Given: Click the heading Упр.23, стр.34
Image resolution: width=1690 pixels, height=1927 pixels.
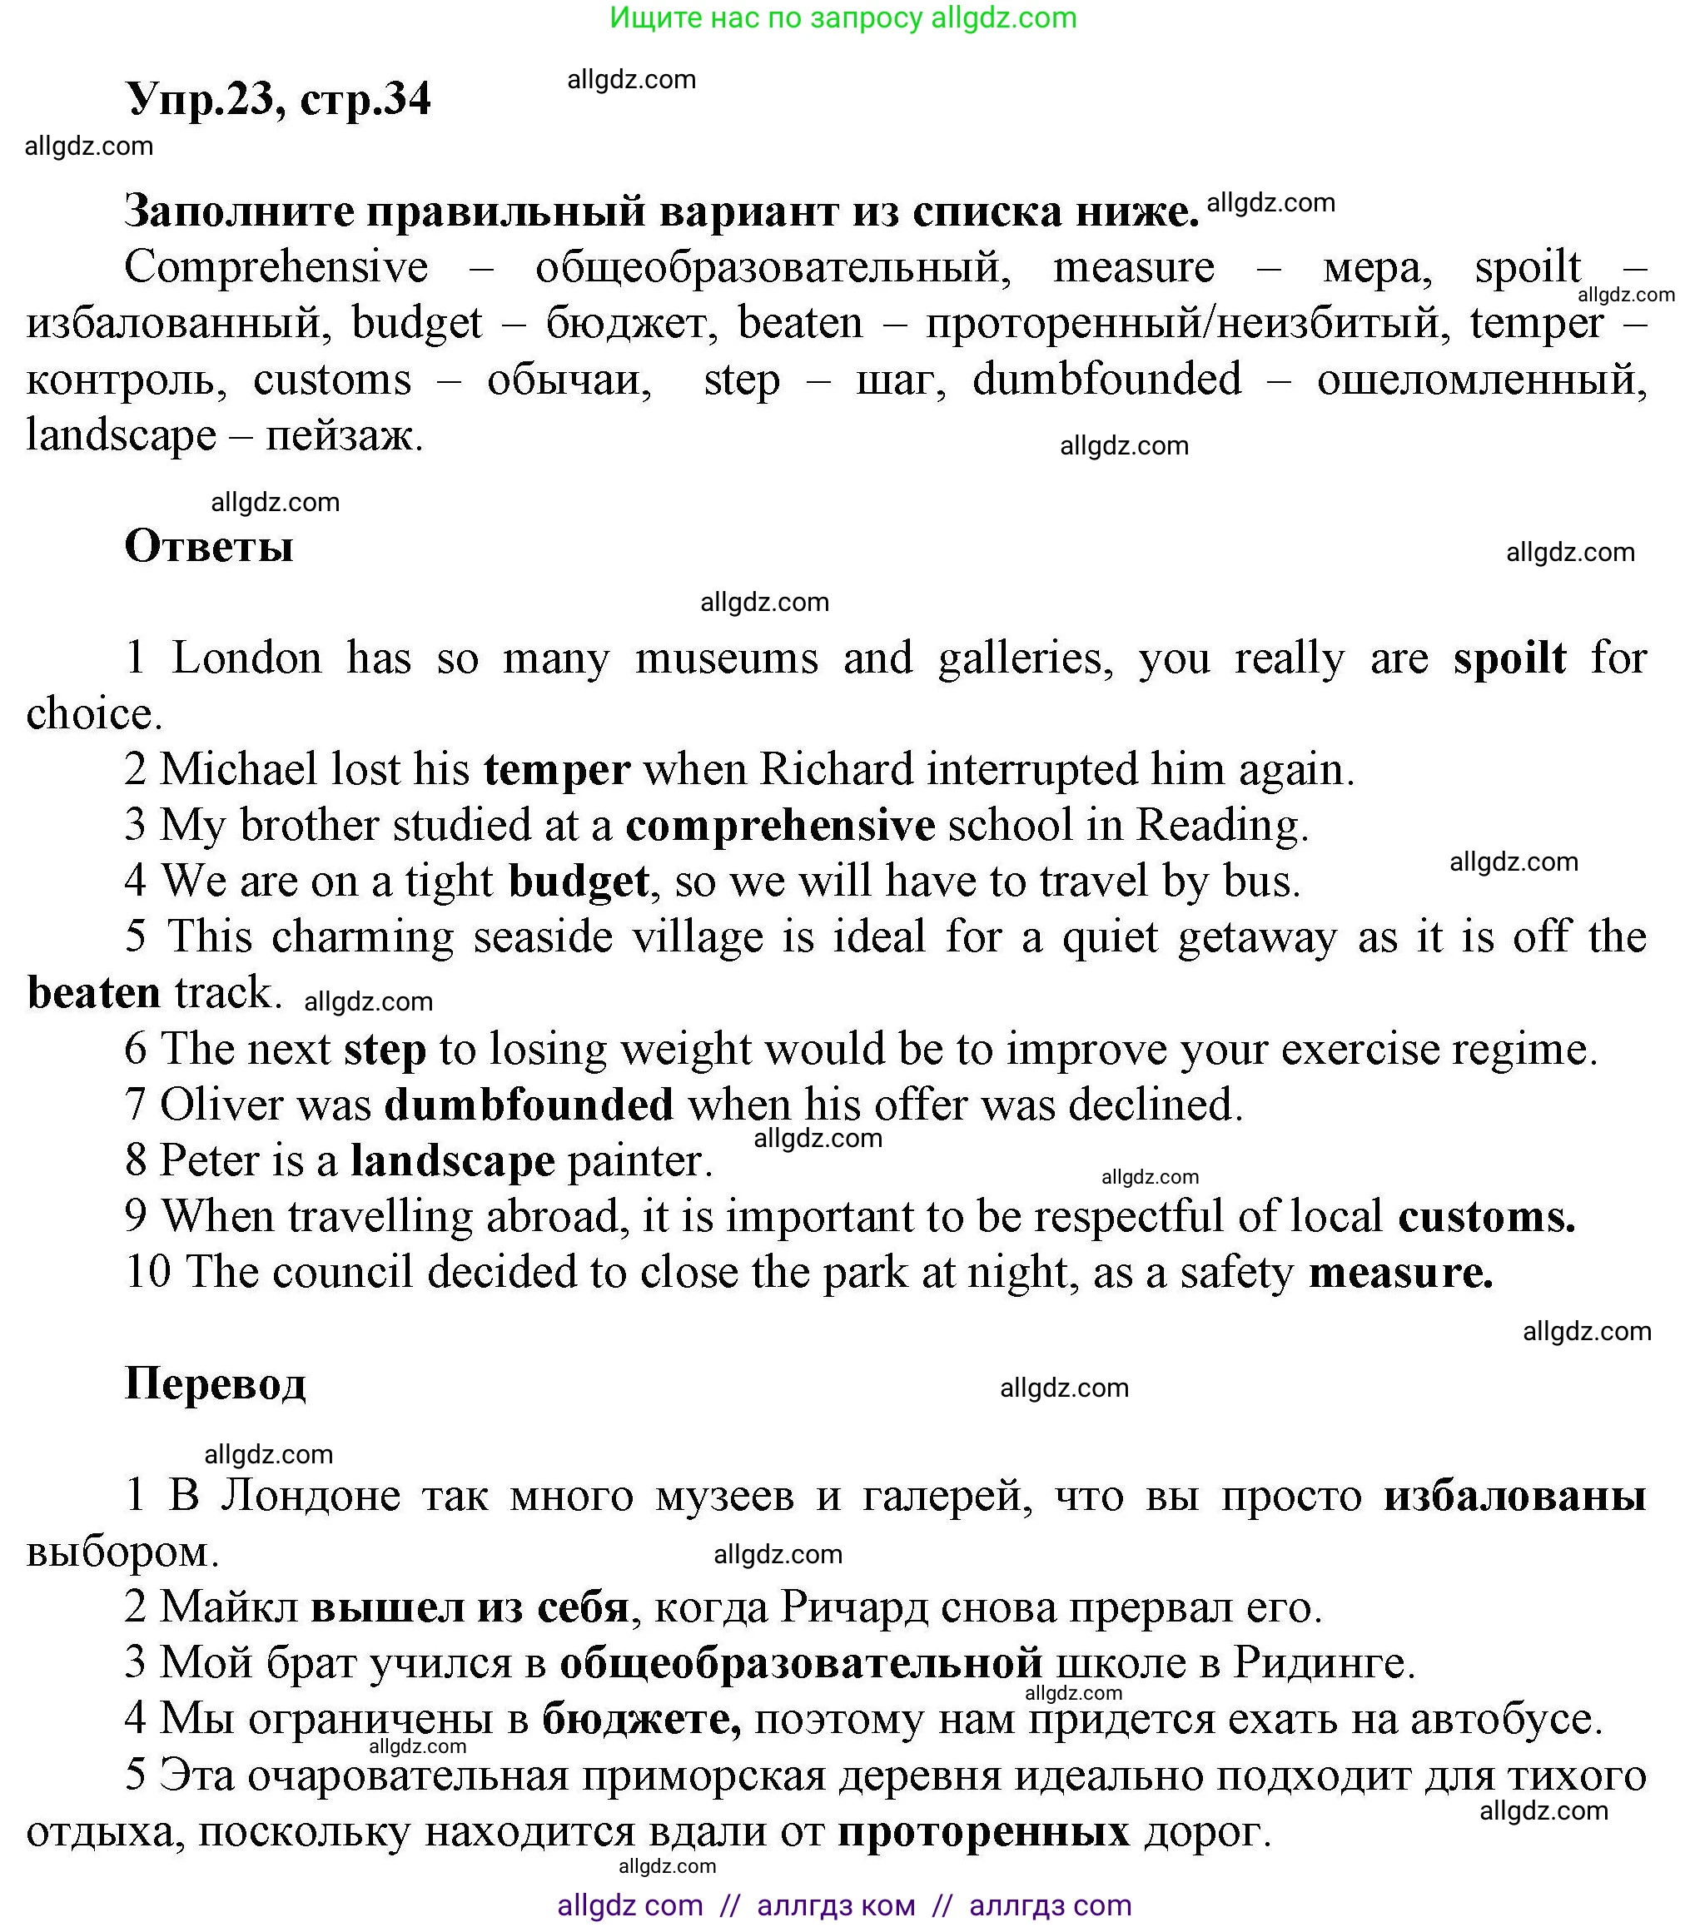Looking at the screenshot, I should point(277,98).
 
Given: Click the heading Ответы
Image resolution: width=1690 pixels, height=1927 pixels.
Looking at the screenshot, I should point(208,546).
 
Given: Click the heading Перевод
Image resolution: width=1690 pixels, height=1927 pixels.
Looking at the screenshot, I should point(215,1383).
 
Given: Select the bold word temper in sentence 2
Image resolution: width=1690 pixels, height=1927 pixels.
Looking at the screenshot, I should point(556,769).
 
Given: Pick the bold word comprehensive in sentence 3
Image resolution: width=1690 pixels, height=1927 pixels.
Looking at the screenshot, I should point(780,826).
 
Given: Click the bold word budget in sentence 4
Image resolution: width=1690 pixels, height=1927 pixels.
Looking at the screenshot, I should point(578,882).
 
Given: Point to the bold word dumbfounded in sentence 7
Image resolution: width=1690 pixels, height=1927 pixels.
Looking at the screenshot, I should point(529,1104).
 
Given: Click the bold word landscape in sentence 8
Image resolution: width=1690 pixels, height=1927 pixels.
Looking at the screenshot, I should point(453,1160).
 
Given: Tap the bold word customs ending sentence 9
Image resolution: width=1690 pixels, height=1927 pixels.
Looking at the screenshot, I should point(1485,1216).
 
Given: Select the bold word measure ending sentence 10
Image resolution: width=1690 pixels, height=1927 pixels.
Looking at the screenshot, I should point(1399,1273).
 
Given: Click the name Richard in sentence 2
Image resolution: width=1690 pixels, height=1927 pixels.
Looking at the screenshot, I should point(836,769).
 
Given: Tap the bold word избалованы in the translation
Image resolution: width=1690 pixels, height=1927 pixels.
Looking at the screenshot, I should point(1514,1495).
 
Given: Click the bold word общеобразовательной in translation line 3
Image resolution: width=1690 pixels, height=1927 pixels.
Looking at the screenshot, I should point(801,1663).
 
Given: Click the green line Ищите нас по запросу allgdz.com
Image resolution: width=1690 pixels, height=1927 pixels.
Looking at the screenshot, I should point(843,18).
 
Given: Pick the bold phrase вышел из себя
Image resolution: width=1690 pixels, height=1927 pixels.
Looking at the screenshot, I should point(470,1607).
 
